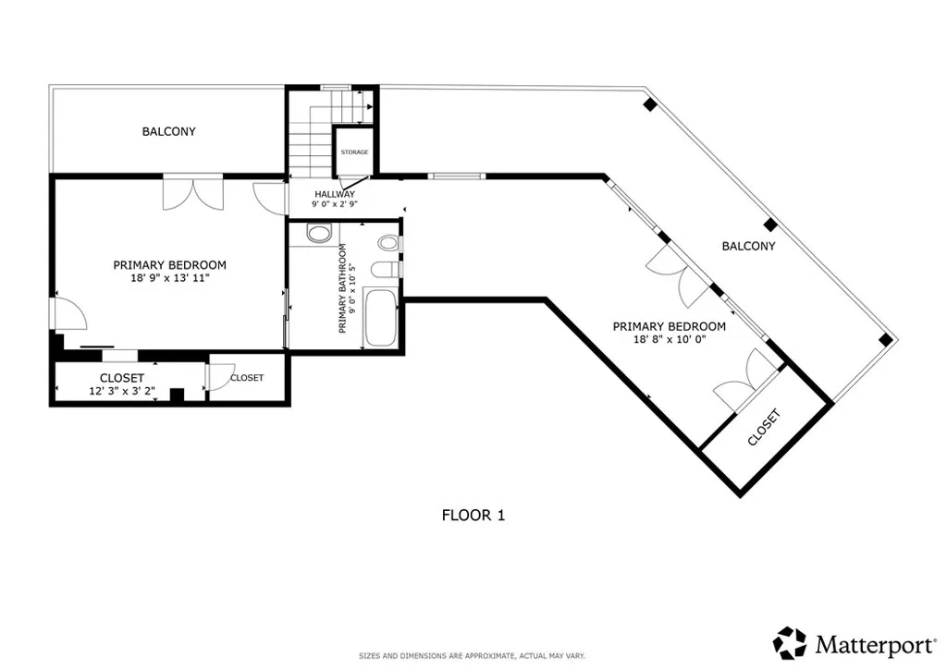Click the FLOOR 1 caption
pos(473,516)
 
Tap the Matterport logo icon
pos(790,642)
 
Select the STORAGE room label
pos(354,152)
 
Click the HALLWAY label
pos(334,194)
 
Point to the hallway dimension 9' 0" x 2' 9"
pos(334,204)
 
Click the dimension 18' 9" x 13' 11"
pos(169,277)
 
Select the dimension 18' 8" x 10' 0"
pos(668,339)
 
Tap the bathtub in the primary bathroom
pos(380,318)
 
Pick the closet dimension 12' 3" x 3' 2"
pos(121,391)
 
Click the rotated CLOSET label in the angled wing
pos(764,428)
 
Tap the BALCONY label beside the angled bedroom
pos(748,246)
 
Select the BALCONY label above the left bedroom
pos(168,131)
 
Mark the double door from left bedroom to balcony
pos(192,191)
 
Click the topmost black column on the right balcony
pos(650,104)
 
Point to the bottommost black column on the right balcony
pos(885,339)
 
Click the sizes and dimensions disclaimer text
pos(472,656)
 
